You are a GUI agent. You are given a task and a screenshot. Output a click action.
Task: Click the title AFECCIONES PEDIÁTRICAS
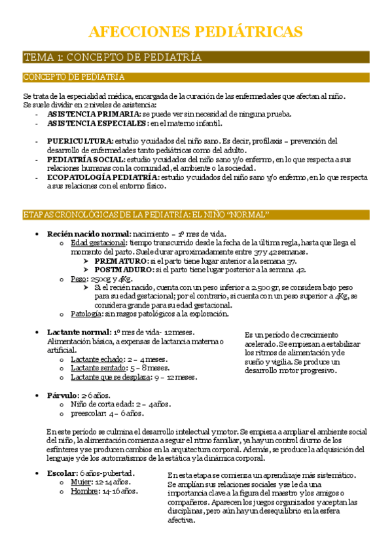click(x=195, y=31)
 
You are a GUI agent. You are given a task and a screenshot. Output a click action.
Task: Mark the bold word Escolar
click(x=62, y=473)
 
